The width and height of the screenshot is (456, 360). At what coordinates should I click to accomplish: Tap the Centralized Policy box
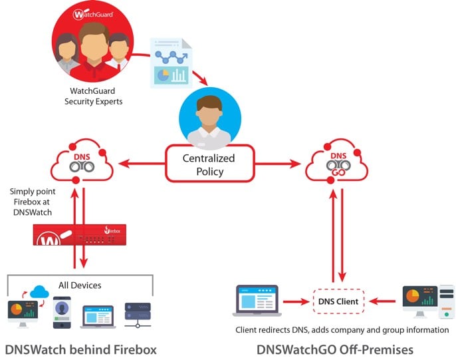tap(209, 164)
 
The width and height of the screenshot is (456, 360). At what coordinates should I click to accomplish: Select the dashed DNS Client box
tap(338, 301)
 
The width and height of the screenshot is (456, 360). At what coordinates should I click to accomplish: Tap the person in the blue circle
tap(209, 118)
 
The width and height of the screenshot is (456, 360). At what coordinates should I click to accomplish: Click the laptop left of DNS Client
tap(258, 301)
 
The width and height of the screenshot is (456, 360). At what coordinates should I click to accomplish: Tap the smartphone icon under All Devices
tap(62, 311)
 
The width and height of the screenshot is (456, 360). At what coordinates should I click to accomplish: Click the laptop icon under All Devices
tap(98, 315)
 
